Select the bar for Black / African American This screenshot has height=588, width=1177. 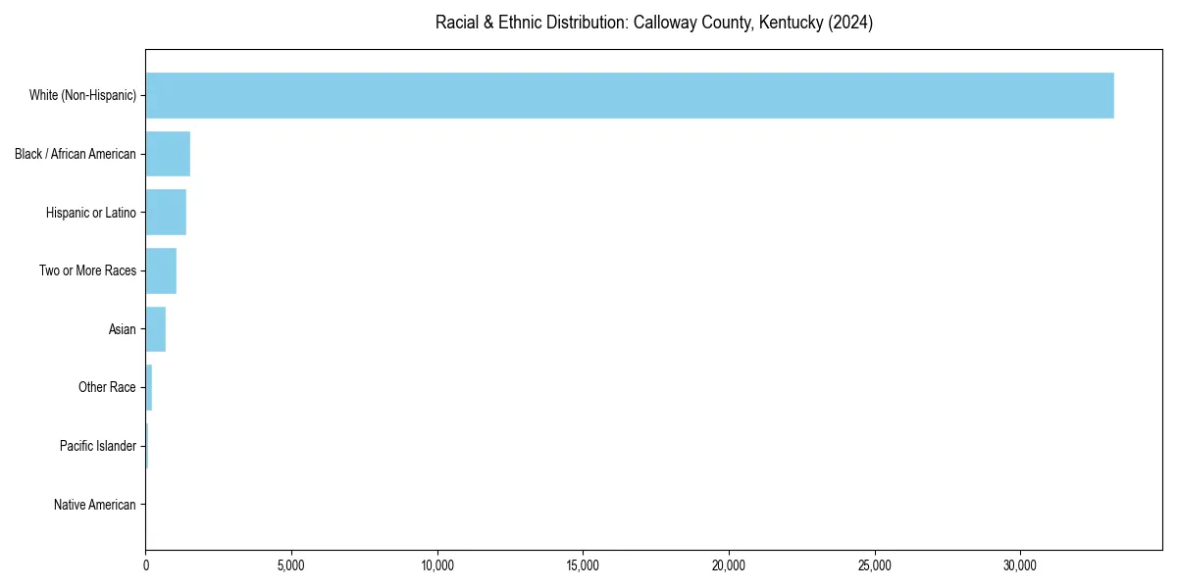[168, 154]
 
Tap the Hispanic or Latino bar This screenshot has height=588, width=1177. [166, 213]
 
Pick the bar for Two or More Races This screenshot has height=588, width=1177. [161, 270]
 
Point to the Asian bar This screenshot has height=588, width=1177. [156, 329]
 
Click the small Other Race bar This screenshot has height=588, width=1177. [149, 387]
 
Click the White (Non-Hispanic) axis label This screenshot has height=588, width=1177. [82, 95]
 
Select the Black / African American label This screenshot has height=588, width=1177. [76, 154]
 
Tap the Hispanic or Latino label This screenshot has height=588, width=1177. [91, 213]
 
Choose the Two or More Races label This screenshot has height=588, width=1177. [87, 270]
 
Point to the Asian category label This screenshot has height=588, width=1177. [123, 329]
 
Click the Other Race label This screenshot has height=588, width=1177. [107, 387]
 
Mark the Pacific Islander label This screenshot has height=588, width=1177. [98, 446]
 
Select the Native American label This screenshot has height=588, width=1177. [95, 505]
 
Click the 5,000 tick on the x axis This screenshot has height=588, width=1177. [291, 565]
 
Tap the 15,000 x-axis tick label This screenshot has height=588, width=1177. [583, 565]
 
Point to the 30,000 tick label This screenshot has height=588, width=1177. [1020, 565]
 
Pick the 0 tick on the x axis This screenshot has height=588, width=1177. [146, 565]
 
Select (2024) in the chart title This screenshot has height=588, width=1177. [850, 23]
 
